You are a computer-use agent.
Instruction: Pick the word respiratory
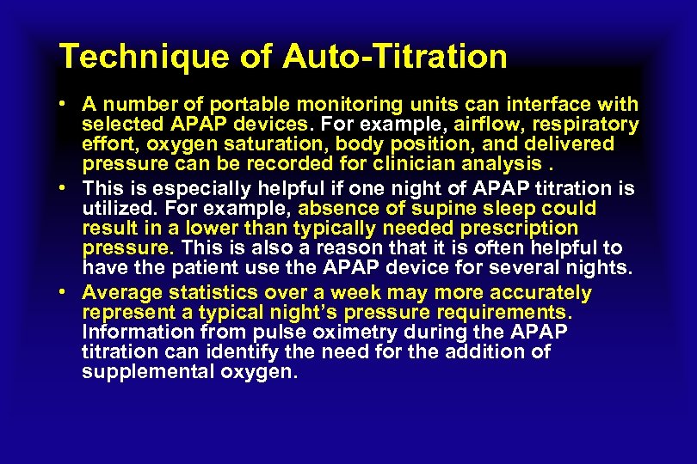(x=587, y=125)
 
